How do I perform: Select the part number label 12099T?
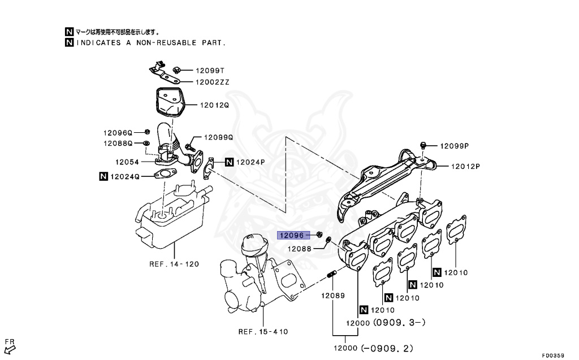210,71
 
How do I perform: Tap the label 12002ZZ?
212,82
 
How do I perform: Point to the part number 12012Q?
214,105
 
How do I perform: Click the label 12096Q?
117,133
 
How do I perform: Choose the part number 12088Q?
117,144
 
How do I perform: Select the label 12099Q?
218,137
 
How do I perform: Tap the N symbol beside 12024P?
229,162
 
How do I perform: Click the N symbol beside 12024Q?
103,176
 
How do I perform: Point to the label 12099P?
455,145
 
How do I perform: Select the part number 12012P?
465,166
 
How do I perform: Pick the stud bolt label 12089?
333,296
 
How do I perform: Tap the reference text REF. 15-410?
263,332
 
